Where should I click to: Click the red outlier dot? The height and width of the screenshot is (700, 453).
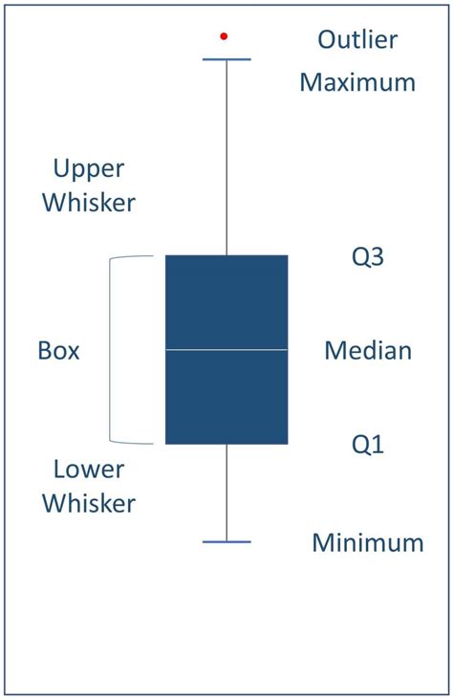[224, 36]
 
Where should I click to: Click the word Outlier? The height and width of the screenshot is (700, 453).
[356, 40]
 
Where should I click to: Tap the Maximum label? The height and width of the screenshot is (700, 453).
[357, 82]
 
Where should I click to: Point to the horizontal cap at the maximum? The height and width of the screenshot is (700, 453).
[226, 59]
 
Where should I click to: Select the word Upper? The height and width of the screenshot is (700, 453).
[88, 169]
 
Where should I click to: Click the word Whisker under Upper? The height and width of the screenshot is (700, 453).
[93, 204]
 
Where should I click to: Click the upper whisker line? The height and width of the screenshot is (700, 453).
[226, 158]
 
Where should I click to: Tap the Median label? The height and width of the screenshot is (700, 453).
[368, 351]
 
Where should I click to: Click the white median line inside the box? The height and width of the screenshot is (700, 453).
[226, 350]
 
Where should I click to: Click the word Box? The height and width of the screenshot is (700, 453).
[58, 351]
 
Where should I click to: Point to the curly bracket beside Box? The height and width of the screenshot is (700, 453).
[113, 350]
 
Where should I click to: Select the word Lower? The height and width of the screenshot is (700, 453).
[89, 470]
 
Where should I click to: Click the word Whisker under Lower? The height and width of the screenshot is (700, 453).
[93, 504]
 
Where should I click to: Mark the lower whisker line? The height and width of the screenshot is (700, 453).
[226, 492]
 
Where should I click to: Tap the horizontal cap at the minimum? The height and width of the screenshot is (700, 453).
[226, 542]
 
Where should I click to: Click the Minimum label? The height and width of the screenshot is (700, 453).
[368, 544]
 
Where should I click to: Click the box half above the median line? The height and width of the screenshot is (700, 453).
[226, 302]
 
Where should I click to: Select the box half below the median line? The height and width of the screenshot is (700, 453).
[226, 397]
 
